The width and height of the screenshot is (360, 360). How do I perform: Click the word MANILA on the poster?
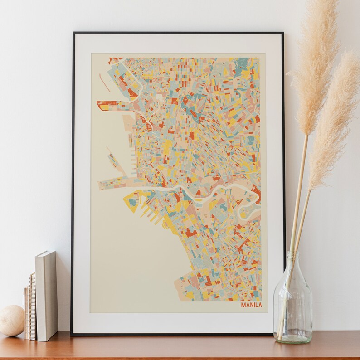click(x=251, y=305)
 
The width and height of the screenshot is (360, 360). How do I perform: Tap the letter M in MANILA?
click(x=243, y=305)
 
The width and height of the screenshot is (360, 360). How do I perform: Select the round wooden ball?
click(x=12, y=320)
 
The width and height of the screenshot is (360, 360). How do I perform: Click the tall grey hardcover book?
click(x=47, y=295)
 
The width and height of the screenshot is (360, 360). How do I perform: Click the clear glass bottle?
click(x=293, y=304)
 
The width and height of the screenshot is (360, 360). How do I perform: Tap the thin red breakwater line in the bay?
click(x=104, y=83)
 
